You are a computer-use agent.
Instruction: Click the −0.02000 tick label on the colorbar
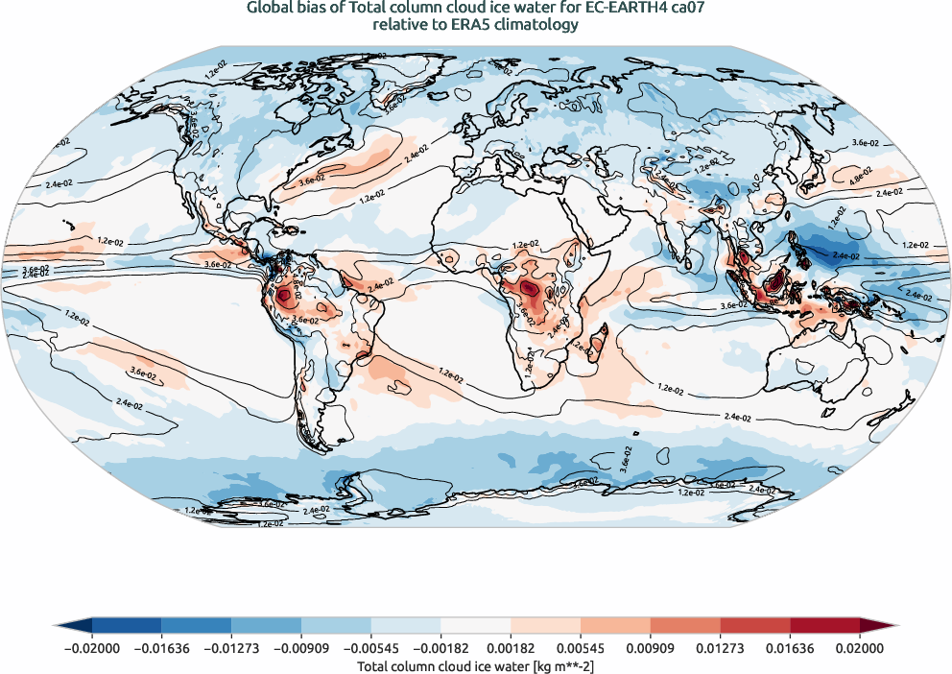(x=91, y=649)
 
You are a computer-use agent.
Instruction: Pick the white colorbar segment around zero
(x=475, y=625)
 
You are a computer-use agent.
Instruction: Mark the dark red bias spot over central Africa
(x=526, y=288)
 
